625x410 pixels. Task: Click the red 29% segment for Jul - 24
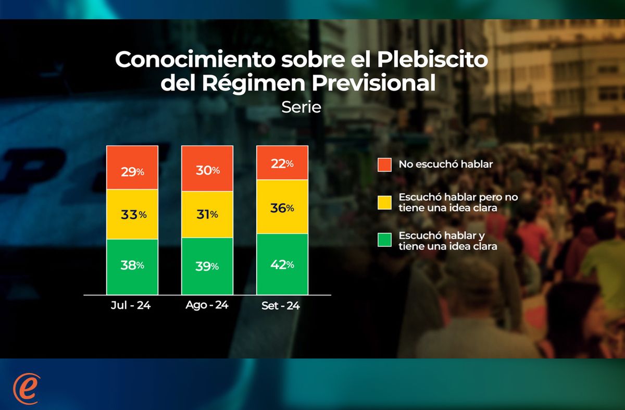[132, 167]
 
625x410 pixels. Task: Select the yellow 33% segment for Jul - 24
[132, 214]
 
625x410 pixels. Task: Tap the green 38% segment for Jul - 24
[132, 266]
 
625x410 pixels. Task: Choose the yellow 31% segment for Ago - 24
[207, 214]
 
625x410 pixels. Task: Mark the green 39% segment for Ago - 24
[207, 266]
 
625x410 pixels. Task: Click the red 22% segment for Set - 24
[282, 163]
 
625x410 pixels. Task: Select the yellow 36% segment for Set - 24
[282, 207]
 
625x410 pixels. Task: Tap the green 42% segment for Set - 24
[282, 264]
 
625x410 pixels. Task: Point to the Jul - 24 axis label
[131, 305]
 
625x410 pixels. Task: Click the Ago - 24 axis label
[207, 305]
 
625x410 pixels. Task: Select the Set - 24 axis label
[281, 306]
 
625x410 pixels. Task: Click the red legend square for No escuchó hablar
[384, 165]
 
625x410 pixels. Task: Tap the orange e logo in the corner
[26, 388]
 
